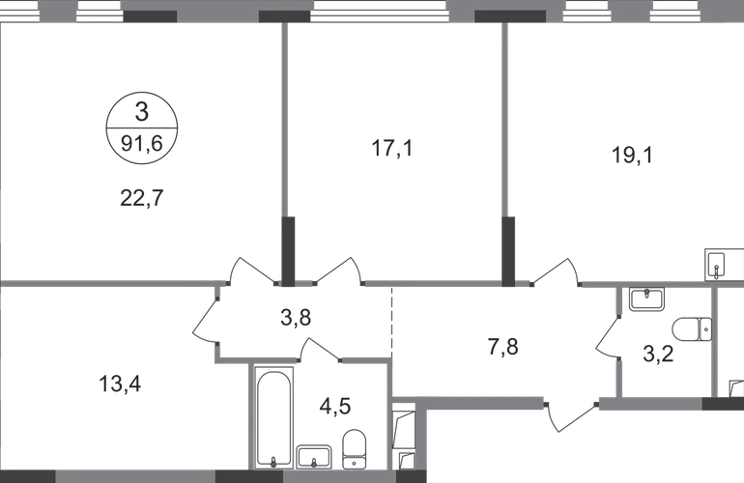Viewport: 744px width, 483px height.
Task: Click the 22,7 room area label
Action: [x=141, y=198]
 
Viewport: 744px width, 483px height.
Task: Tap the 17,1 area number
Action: [x=392, y=148]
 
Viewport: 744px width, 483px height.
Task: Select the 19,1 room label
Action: [x=633, y=155]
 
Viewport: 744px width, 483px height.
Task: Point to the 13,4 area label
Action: [x=120, y=384]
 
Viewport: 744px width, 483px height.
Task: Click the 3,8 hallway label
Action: [x=296, y=317]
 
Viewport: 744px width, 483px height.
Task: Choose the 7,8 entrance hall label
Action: [x=503, y=347]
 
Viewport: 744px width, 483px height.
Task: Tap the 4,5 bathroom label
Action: [x=335, y=406]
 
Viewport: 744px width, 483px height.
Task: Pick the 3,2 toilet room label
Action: [x=658, y=354]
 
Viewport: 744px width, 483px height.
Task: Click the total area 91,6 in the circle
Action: [x=142, y=143]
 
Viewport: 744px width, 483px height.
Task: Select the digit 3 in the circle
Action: [x=142, y=112]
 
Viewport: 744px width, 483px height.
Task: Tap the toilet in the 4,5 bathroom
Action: [x=354, y=448]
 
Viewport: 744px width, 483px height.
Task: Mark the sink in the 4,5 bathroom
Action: [x=314, y=457]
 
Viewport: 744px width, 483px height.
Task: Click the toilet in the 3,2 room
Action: [x=692, y=329]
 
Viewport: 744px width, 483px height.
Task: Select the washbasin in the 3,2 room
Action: [x=646, y=298]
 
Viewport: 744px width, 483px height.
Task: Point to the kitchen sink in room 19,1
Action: [x=716, y=265]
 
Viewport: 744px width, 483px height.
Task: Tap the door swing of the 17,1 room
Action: [x=338, y=270]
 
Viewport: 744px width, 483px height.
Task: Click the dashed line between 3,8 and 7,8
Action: [x=392, y=323]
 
